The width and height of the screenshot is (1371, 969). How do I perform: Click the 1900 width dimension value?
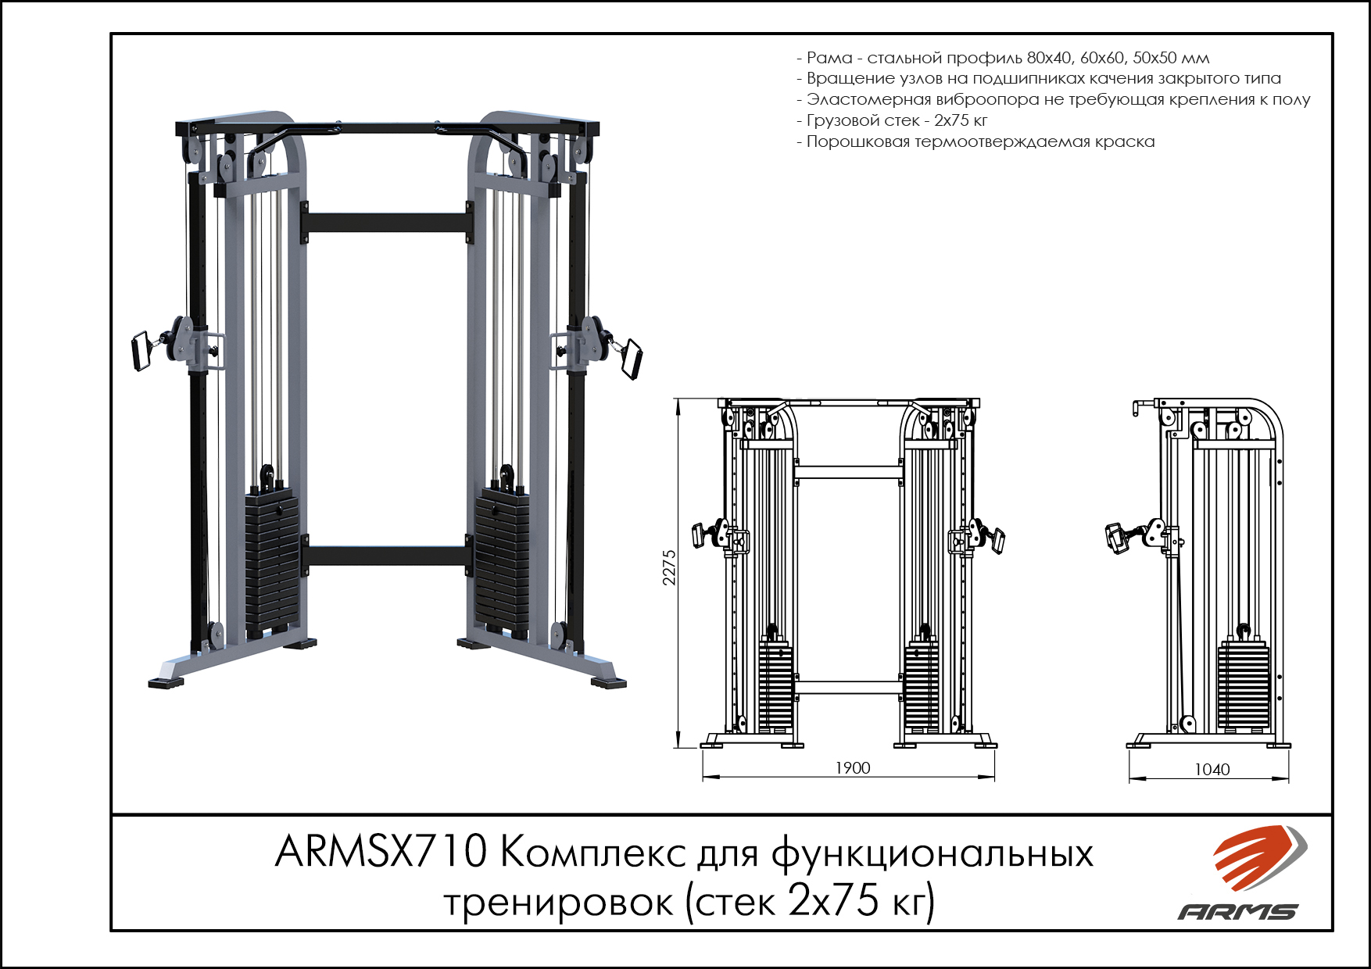pyautogui.click(x=852, y=768)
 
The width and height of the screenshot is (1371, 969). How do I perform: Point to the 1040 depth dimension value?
pyautogui.click(x=1212, y=770)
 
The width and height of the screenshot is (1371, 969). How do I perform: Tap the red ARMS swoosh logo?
pyautogui.click(x=1259, y=857)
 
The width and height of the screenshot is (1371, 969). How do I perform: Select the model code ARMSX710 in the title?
pyautogui.click(x=381, y=852)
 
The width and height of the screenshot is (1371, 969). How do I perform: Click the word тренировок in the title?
pyautogui.click(x=559, y=903)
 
